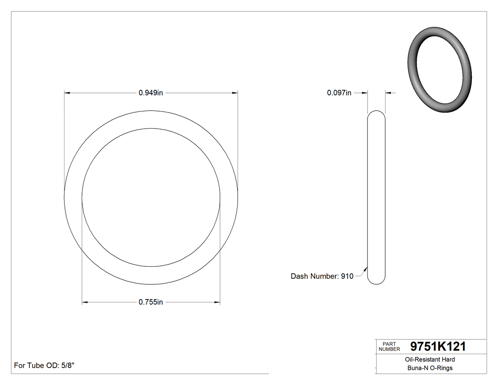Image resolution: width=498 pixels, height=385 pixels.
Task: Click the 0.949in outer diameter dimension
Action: pos(151,93)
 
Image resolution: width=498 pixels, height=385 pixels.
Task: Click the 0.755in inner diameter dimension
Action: pos(151,302)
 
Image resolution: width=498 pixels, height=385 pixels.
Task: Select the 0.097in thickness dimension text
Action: pos(339,93)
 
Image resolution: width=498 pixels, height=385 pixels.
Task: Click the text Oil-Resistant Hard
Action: pos(430,360)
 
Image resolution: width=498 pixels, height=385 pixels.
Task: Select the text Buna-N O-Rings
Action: pos(430,368)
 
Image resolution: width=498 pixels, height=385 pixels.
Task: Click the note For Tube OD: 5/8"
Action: pos(44,366)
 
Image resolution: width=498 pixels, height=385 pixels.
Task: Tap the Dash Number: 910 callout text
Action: pos(322,276)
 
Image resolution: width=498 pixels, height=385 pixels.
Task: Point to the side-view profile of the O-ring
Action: pos(377,197)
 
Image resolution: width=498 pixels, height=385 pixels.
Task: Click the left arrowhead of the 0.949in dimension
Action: pos(67,93)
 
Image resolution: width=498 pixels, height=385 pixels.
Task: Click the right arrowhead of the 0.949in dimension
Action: pos(235,93)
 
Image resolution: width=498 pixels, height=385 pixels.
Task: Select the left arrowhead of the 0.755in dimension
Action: pos(85,302)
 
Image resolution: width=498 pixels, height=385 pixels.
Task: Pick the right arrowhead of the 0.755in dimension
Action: pos(217,302)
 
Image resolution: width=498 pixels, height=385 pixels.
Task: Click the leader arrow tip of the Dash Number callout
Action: pos(366,267)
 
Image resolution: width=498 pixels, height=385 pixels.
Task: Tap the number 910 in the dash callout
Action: pos(347,276)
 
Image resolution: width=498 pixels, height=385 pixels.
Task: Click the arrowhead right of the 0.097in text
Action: pos(366,93)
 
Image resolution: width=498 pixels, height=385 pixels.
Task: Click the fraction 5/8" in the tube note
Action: pos(67,366)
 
